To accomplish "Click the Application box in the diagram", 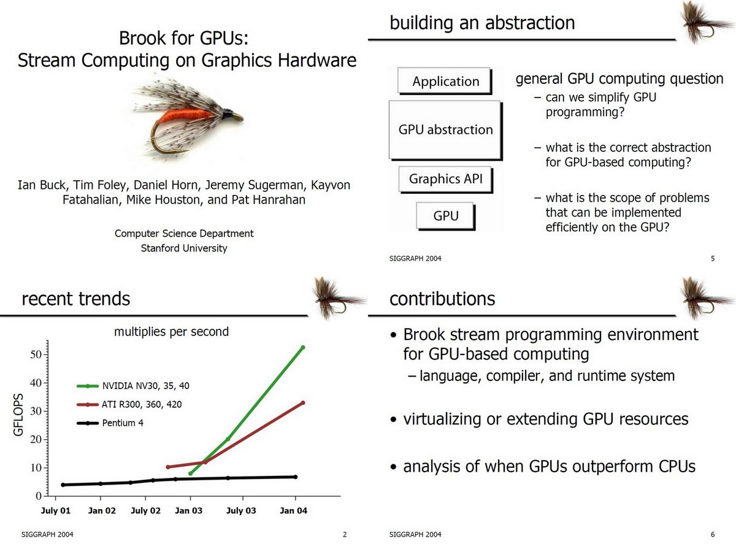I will click(445, 82).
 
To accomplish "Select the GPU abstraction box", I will click(445, 129).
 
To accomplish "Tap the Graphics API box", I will click(445, 179).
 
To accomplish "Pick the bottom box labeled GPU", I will click(445, 216).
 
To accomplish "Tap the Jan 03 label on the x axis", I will click(190, 510).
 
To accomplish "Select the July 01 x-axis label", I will click(56, 510).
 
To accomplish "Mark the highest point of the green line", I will click(302, 348).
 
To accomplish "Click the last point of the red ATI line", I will click(302, 403).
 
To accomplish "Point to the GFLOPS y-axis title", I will click(18, 415).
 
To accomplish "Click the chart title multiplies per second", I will click(171, 332).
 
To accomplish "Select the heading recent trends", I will click(75, 299).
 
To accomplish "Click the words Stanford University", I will click(184, 248).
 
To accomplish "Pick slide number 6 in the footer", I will click(713, 535).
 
